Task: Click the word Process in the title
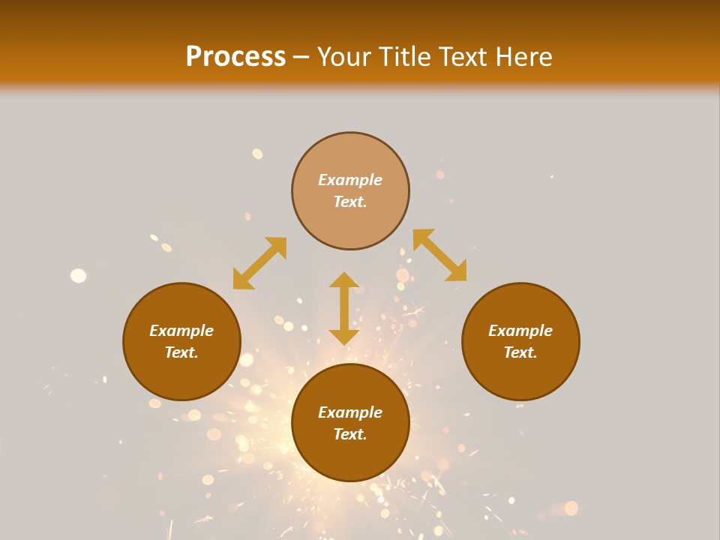pos(235,57)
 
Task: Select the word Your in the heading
pos(346,57)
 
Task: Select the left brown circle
pos(181,375)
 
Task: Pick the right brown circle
pos(520,375)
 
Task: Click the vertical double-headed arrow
pos(344,308)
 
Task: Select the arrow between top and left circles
pos(259,263)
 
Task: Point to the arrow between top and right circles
pos(439,255)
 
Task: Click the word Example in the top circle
pos(350,180)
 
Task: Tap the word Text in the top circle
pos(349,202)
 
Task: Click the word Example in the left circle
pos(181,331)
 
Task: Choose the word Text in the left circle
pos(181,352)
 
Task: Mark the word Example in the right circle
pos(520,331)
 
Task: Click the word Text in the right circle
pos(520,352)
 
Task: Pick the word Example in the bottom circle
pos(350,412)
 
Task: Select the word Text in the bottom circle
pos(349,434)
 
